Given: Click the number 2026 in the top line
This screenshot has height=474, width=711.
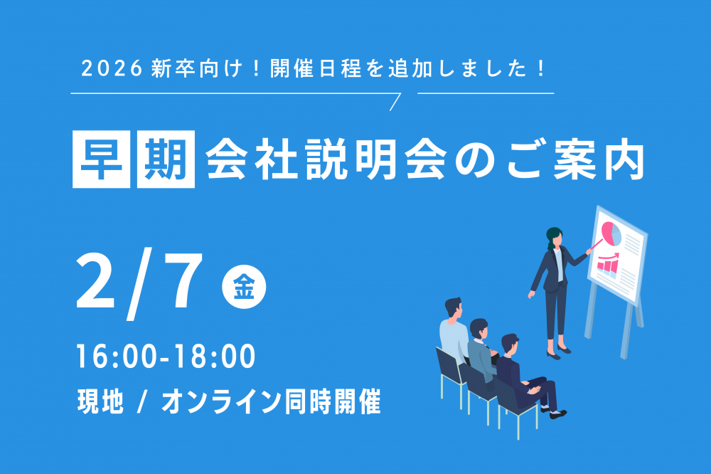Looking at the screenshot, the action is click(x=112, y=68).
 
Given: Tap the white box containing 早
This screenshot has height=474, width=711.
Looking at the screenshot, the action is click(x=101, y=159).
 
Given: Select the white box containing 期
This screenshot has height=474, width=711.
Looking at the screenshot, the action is click(x=166, y=159).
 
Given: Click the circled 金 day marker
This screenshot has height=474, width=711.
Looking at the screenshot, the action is click(x=244, y=287).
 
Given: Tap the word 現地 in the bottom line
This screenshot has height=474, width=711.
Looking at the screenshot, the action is click(x=101, y=401).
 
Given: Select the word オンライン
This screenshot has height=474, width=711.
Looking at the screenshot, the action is click(x=222, y=401).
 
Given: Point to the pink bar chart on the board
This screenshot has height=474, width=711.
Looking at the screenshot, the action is click(x=608, y=265).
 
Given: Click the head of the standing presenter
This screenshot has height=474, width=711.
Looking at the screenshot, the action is click(x=554, y=237).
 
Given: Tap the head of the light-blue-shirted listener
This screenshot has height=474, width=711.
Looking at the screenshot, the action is click(x=454, y=309).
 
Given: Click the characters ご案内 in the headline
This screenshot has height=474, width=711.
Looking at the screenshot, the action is click(x=575, y=159).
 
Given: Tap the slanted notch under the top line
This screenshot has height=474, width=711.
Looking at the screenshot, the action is click(x=395, y=102).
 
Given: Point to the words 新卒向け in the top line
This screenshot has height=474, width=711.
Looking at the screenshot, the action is click(x=197, y=68).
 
